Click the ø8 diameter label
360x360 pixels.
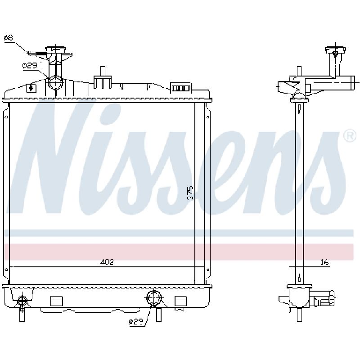(x=9, y=38)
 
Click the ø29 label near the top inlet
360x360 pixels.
(x=30, y=66)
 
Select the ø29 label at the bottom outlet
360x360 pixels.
(x=136, y=322)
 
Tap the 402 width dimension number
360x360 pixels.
(x=107, y=262)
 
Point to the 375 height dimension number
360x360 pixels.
(x=190, y=194)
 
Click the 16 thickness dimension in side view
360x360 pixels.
(x=324, y=262)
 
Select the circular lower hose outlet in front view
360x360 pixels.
(x=153, y=298)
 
